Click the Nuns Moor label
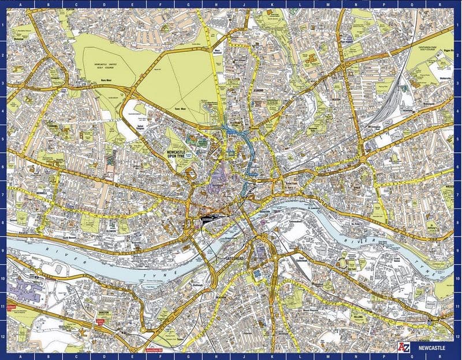[x=106, y=80]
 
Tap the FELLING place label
[x=358, y=316]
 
